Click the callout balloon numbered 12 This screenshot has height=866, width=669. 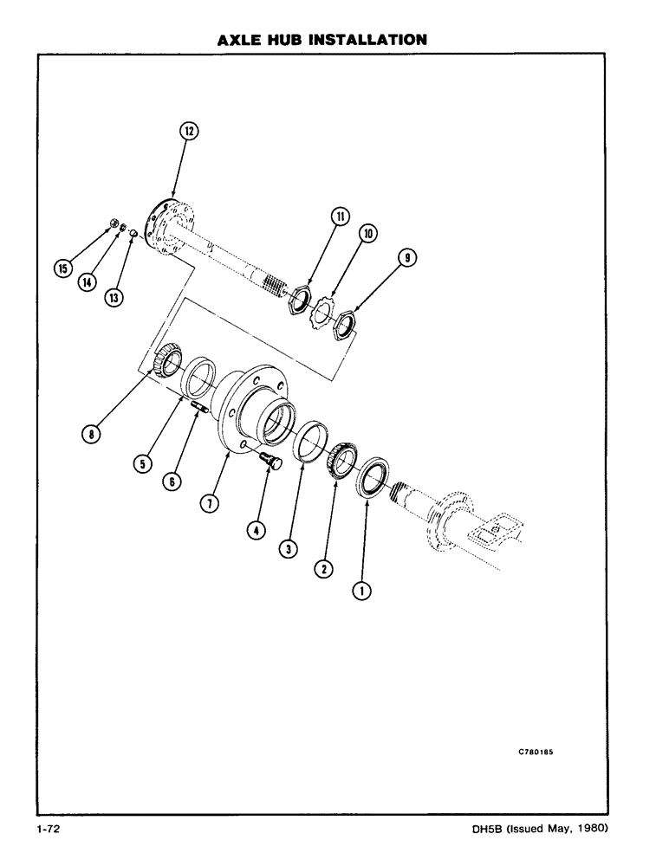pyautogui.click(x=189, y=132)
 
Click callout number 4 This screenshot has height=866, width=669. pyautogui.click(x=256, y=530)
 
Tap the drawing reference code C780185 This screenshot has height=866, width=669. pyautogui.click(x=536, y=752)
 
